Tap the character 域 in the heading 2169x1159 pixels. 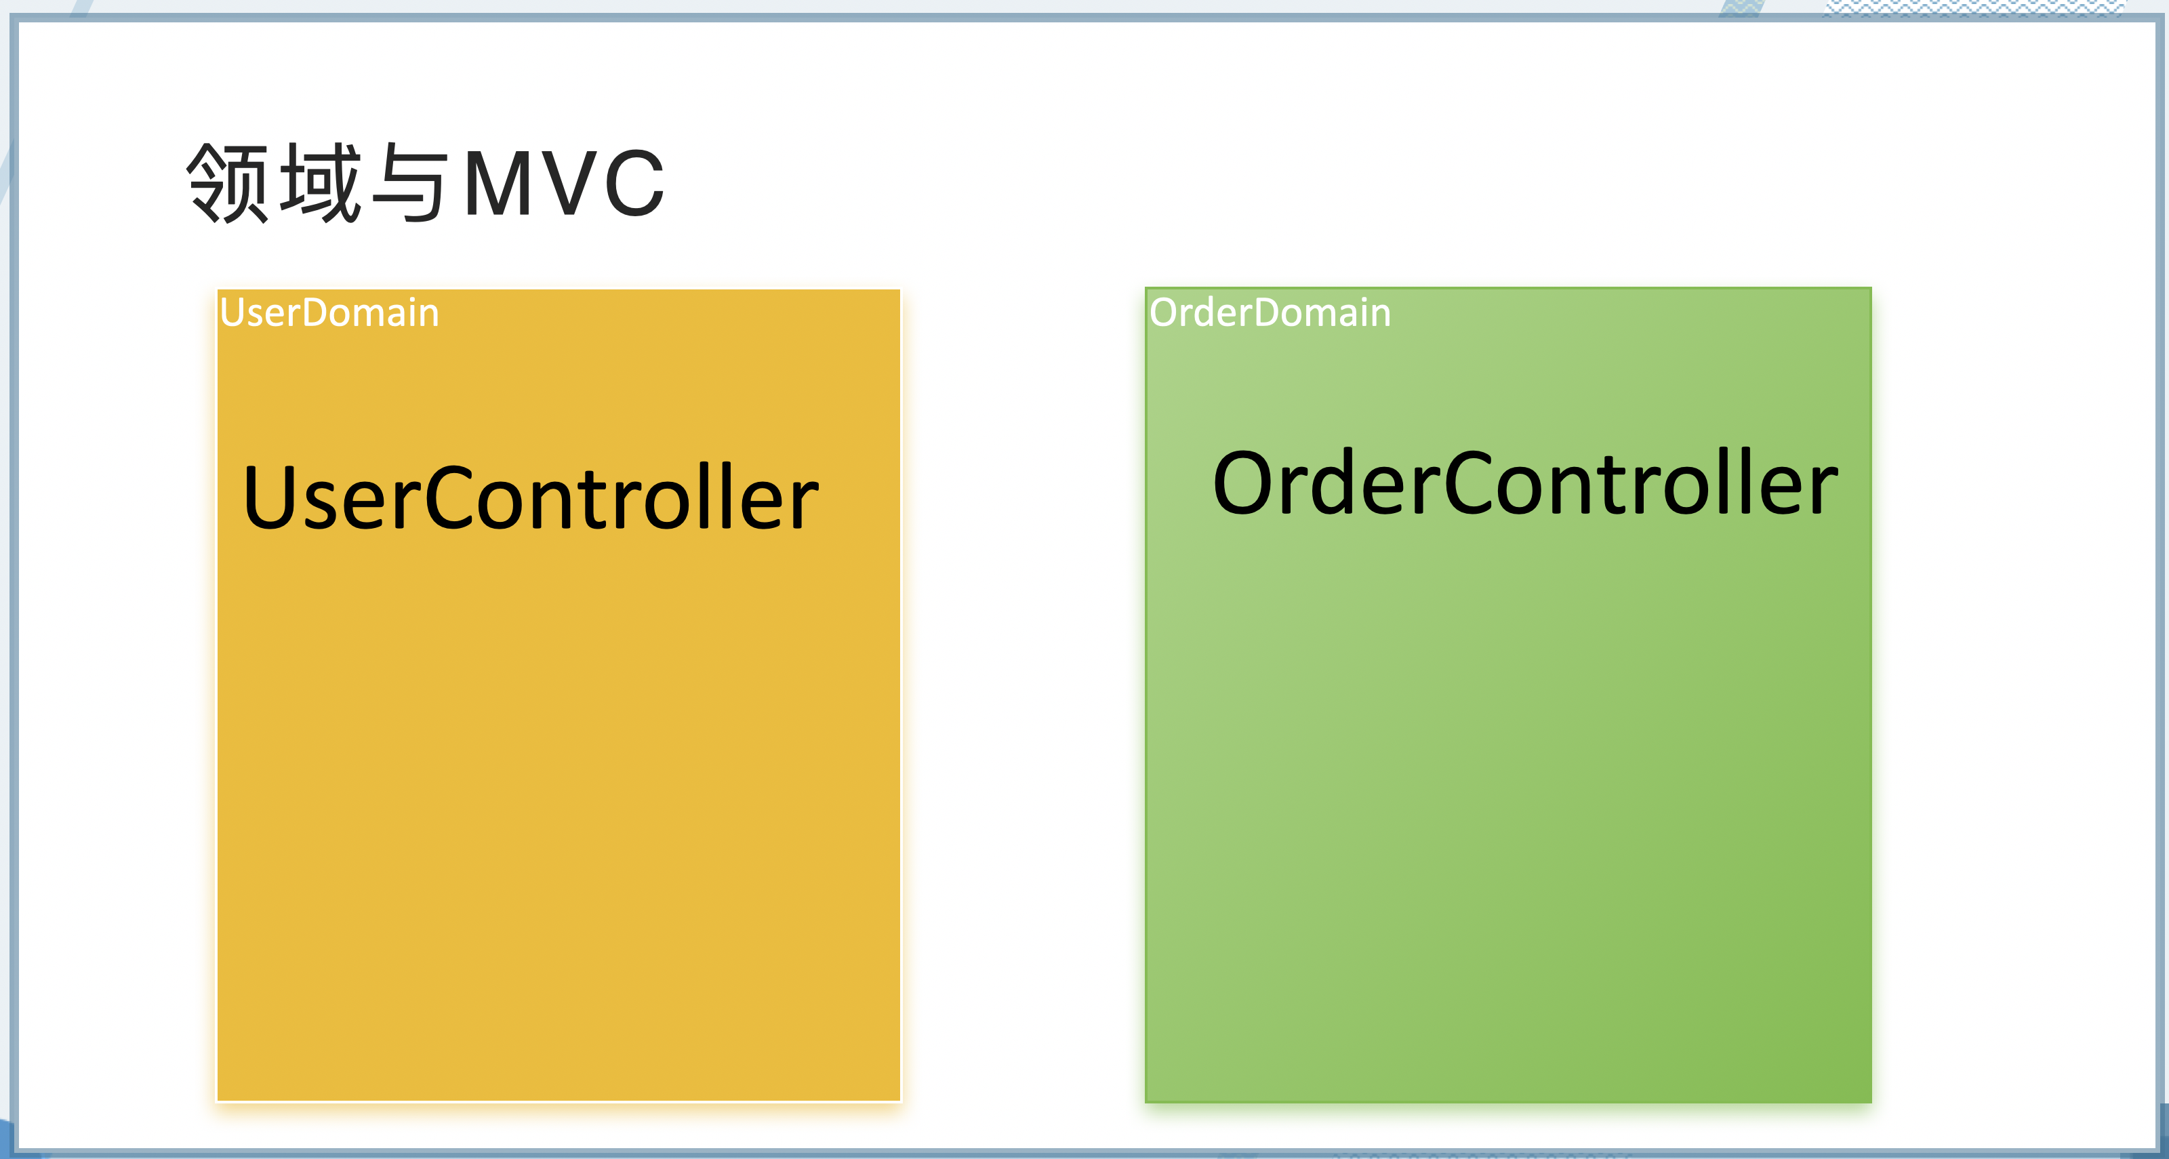(x=321, y=182)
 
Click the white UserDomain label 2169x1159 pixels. (x=329, y=313)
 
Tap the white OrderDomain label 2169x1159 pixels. (x=1270, y=313)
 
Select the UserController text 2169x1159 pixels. (x=531, y=498)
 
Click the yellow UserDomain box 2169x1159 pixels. (x=559, y=800)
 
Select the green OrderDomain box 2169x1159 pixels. (x=1507, y=800)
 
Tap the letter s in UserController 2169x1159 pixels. (x=319, y=505)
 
